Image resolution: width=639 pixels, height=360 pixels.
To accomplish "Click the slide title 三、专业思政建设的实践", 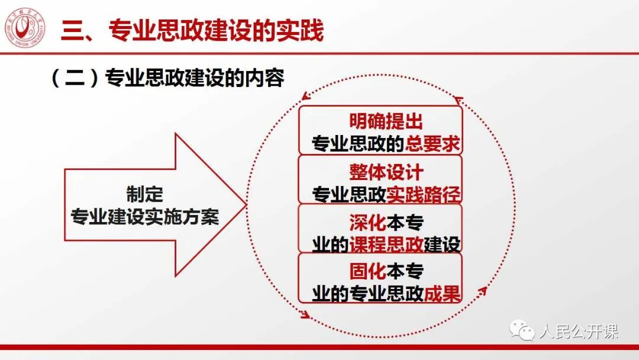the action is point(192,31).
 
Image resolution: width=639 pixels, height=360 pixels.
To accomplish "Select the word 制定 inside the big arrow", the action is point(144,195).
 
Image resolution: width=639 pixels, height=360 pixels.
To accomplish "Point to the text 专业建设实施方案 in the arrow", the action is point(145,217).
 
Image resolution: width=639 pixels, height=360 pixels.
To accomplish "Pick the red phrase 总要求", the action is point(433,144).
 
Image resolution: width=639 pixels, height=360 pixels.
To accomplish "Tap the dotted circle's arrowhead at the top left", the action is point(305,95).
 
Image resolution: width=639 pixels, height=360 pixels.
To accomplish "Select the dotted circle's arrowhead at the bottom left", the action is point(305,314).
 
